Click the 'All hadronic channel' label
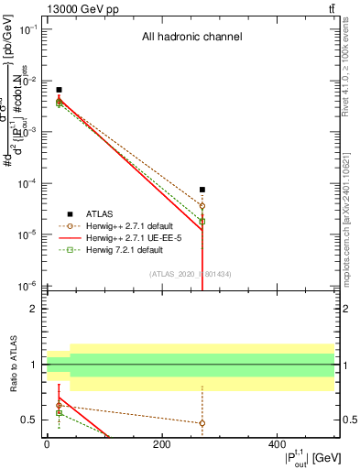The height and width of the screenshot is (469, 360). click(191, 38)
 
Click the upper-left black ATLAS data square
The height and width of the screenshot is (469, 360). click(59, 90)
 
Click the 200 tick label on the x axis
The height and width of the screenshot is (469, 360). click(161, 444)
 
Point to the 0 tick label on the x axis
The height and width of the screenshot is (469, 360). click(47, 444)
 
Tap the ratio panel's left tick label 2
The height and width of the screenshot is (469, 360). click(33, 310)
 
